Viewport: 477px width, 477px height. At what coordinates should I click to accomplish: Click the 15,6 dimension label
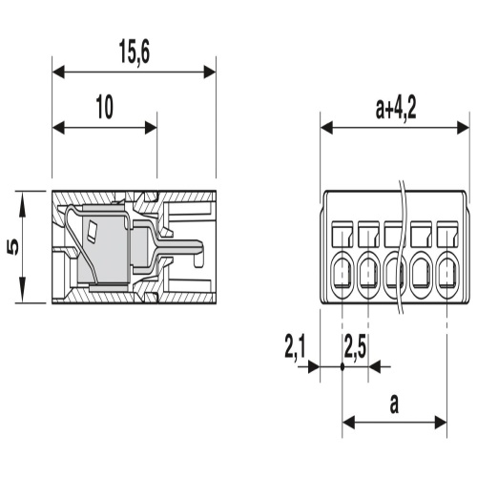tap(135, 52)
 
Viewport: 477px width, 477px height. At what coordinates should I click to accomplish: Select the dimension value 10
tap(105, 108)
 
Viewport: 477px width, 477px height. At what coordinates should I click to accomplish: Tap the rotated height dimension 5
tap(13, 247)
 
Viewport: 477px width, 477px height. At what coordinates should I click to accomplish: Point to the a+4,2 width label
tap(396, 108)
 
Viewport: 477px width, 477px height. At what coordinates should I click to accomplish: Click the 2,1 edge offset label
tap(295, 347)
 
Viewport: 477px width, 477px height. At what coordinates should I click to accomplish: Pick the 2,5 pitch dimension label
tap(355, 347)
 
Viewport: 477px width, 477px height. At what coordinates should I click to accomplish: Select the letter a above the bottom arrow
tap(394, 404)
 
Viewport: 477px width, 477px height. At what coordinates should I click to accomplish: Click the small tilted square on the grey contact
tap(93, 230)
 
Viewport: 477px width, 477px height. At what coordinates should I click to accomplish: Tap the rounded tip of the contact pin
tap(198, 246)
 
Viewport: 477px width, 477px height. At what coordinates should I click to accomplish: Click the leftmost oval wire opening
tap(342, 274)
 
